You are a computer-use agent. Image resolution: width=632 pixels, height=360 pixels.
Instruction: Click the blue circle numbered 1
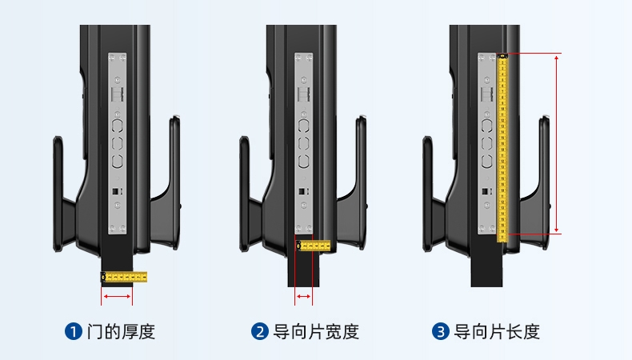[x=74, y=331]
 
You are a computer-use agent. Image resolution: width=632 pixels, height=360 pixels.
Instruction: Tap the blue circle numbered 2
[x=260, y=331]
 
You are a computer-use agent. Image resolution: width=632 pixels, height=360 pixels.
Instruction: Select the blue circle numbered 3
[x=441, y=331]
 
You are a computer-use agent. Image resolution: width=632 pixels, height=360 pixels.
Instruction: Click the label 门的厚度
[x=120, y=331]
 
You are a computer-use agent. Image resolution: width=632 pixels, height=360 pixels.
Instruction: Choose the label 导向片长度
[x=497, y=331]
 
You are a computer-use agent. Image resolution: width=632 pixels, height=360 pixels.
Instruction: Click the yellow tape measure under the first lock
[x=124, y=277]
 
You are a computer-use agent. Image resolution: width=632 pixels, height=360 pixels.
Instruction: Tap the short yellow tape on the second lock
[x=313, y=245]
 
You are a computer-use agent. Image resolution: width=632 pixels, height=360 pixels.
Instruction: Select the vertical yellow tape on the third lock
[x=503, y=144]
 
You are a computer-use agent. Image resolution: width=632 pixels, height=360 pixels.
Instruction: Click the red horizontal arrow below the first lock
[x=117, y=297]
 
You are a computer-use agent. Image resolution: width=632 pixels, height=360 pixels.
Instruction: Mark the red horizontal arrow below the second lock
[x=304, y=297]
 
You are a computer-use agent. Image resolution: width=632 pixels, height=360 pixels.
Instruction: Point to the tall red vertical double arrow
[x=557, y=144]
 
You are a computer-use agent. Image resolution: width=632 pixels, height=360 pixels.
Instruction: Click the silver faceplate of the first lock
[x=118, y=144]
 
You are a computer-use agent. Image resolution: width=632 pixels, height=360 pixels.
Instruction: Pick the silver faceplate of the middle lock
[x=304, y=144]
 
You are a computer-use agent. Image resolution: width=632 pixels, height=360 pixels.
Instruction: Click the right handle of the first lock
[x=174, y=160]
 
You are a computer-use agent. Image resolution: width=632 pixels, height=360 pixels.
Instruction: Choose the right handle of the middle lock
[x=360, y=160]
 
